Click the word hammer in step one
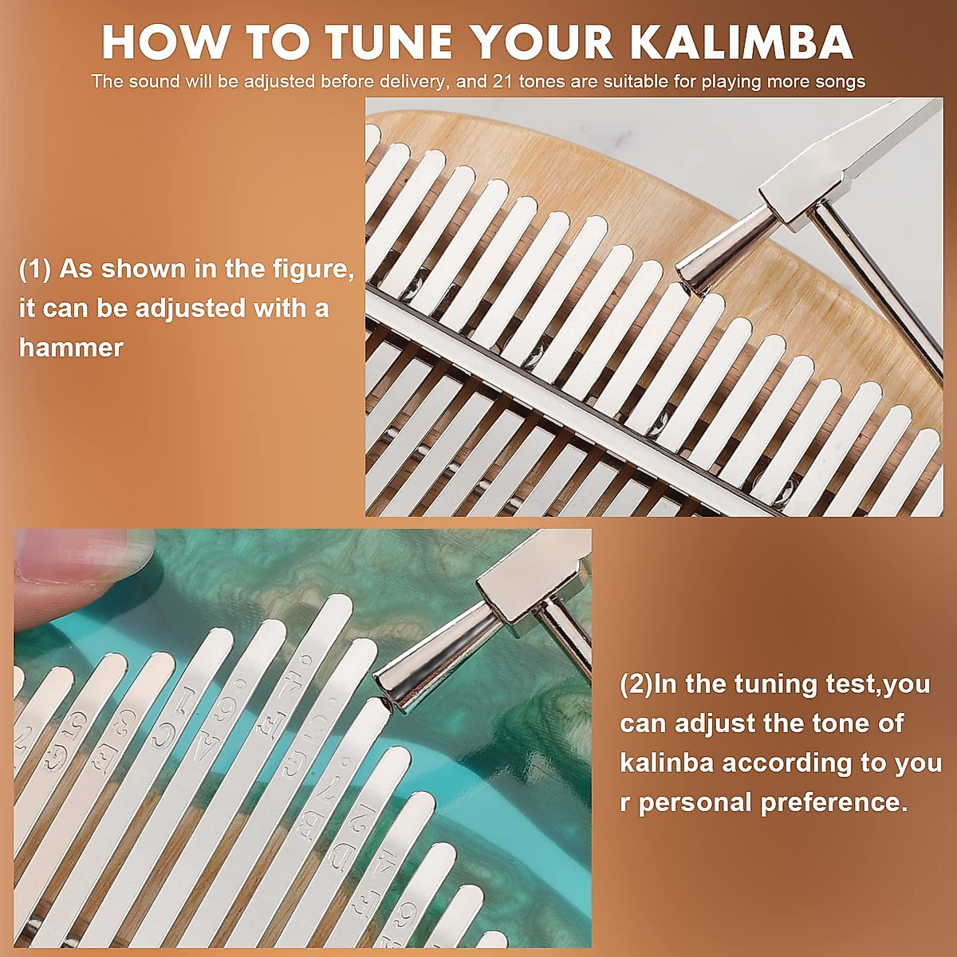[71, 348]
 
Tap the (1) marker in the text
[35, 270]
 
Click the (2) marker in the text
[636, 684]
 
